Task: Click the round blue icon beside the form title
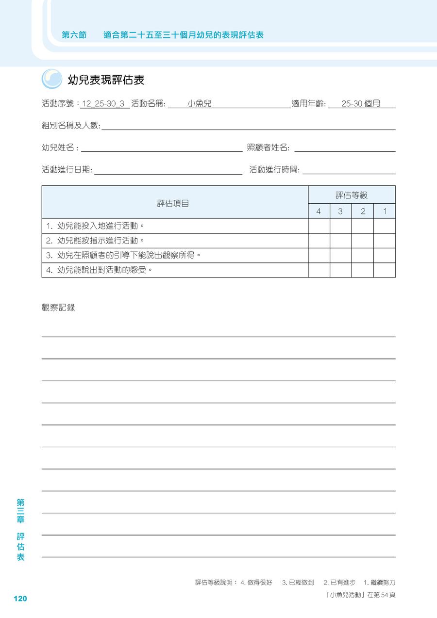52,79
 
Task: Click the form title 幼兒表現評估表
106,80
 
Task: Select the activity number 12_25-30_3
103,104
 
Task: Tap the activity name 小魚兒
200,104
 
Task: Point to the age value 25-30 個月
361,104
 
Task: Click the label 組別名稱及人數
71,126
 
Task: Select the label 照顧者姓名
268,148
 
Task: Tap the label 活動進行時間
274,170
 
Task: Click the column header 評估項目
173,203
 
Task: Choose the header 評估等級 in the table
352,195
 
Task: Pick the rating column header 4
319,211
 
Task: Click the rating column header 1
385,211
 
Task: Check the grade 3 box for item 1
340,226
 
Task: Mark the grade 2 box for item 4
362,270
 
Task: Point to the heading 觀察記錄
59,308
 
